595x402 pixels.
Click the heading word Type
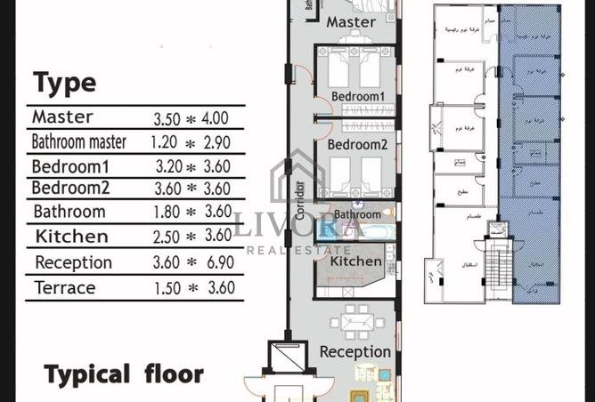[64, 83]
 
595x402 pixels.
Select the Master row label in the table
[62, 117]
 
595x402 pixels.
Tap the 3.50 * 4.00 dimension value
[191, 117]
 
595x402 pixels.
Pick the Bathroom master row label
[79, 141]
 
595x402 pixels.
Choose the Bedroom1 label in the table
[69, 165]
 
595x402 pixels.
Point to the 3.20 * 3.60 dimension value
[192, 165]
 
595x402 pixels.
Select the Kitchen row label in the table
[71, 237]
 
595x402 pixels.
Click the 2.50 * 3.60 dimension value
[192, 237]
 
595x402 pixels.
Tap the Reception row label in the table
[73, 262]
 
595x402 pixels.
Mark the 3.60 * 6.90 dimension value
[192, 262]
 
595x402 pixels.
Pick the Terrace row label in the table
[65, 286]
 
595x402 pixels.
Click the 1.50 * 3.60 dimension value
[192, 287]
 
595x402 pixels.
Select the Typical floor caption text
[124, 373]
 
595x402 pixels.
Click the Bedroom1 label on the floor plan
[357, 96]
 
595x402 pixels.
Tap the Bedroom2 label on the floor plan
[357, 144]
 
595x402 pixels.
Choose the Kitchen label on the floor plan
[356, 261]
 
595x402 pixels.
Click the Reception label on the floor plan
[355, 351]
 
